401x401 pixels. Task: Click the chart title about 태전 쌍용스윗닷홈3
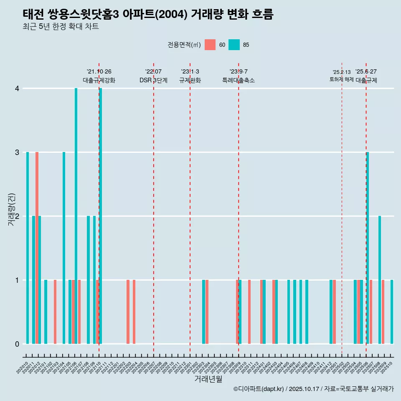pos(148,15)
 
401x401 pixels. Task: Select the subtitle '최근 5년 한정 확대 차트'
pos(61,27)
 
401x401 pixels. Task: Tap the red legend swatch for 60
pos(210,45)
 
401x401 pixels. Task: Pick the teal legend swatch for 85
pos(234,45)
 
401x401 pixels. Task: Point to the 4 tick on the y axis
pos(17,89)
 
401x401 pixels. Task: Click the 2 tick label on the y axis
pos(17,216)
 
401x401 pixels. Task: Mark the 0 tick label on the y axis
pos(17,344)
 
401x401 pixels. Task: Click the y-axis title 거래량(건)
pos(11,210)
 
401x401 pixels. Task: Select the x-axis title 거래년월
pos(208,379)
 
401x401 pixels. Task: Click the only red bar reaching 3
pos(37,248)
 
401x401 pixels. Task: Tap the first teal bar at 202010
pos(28,248)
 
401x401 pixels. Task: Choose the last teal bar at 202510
pos(392,312)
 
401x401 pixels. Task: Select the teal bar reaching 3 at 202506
pos(368,248)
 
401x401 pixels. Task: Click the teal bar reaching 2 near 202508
pos(380,280)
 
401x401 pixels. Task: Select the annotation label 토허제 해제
pos(341,79)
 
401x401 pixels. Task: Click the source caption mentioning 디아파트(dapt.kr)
pos(313,389)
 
